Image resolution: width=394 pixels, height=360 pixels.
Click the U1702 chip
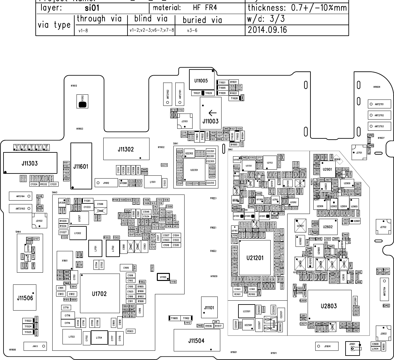99,294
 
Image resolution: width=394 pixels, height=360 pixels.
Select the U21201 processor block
255,258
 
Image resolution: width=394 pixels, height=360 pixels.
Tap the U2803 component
329,306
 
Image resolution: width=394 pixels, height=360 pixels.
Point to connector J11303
30,163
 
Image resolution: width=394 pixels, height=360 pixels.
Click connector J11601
81,166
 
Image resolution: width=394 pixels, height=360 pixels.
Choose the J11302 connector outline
126,149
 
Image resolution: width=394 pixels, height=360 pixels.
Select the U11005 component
201,80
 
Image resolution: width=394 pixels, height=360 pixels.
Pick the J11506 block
25,298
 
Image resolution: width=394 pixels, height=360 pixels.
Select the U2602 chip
328,227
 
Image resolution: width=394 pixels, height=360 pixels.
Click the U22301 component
194,170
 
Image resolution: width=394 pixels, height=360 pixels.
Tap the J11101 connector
209,308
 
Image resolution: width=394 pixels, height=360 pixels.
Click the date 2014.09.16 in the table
267,30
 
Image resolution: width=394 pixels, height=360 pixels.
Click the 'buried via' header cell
202,20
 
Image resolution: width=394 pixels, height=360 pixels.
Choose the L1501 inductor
153,182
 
